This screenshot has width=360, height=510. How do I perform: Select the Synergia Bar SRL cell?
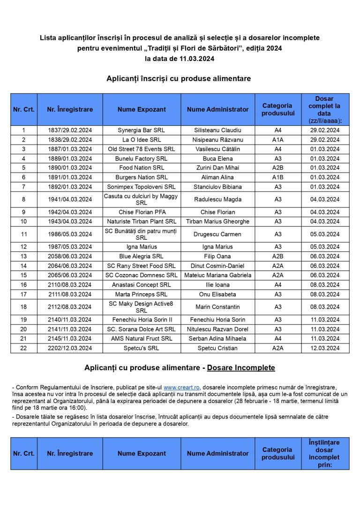tap(141, 130)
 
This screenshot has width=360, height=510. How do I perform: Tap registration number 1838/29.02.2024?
tap(70, 140)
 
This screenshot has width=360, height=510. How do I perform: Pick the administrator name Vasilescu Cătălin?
tap(217, 149)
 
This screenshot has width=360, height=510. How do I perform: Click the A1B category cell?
tap(278, 177)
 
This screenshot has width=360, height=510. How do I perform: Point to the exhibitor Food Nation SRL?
tap(141, 168)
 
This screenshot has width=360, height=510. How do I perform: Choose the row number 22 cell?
tap(23, 348)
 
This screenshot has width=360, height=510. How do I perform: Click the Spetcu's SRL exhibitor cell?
tap(141, 348)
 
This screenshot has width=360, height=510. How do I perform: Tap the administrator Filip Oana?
tap(217, 256)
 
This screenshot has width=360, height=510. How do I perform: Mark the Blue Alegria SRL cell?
tap(141, 256)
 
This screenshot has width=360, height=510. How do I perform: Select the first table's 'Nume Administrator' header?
tap(217, 109)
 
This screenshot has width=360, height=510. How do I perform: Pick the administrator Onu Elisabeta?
tap(217, 295)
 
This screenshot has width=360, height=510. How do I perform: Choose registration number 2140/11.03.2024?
tap(70, 320)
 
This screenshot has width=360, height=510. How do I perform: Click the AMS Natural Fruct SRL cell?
tap(141, 339)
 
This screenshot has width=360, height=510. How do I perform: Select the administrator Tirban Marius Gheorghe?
tap(217, 221)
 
